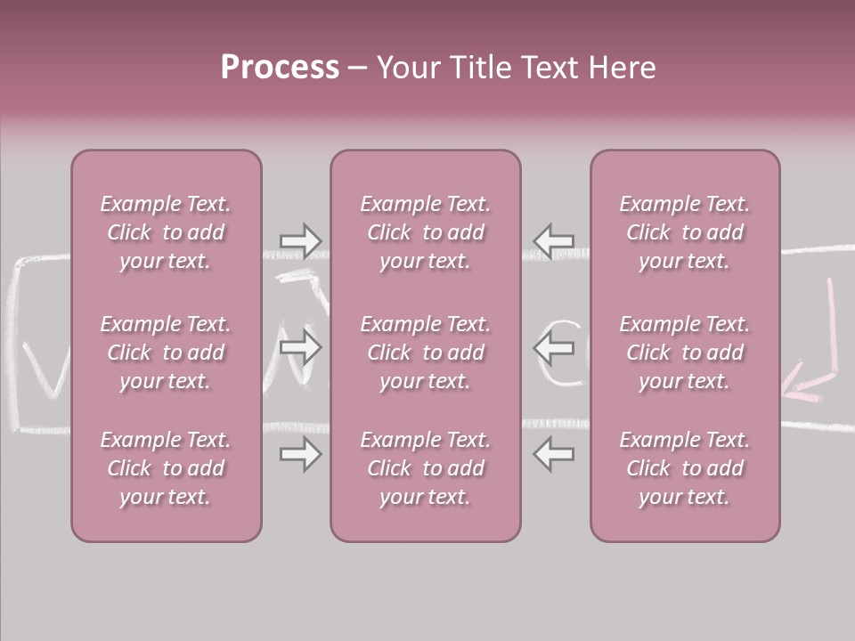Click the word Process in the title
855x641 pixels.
[x=280, y=68]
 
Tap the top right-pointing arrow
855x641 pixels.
[x=300, y=241]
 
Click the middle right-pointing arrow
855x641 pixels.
[x=300, y=347]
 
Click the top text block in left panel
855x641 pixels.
[x=166, y=232]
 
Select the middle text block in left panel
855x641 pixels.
[x=166, y=353]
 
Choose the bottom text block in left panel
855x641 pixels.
[x=166, y=468]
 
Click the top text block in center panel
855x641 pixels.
[x=425, y=232]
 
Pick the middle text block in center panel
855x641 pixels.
[x=425, y=353]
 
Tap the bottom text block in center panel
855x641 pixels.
[x=425, y=468]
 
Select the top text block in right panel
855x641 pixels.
[x=684, y=232]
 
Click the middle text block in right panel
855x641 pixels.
[x=684, y=353]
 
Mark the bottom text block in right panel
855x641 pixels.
[x=684, y=468]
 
